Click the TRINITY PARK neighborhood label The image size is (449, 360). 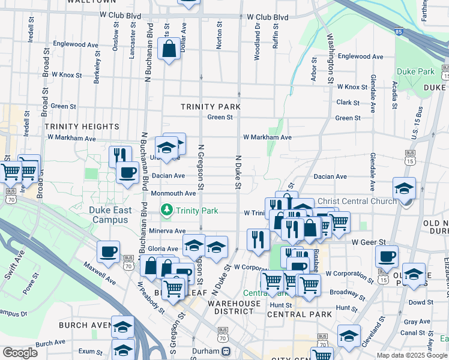pos(210,107)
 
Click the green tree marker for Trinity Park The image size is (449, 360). pos(166,210)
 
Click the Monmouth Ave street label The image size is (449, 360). pos(173,193)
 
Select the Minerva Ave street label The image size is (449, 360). pos(167,231)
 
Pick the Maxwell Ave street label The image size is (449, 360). pos(100,272)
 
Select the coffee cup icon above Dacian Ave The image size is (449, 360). pos(126,173)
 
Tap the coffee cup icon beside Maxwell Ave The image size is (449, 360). pos(108,252)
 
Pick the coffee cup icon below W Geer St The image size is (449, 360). pos(387,256)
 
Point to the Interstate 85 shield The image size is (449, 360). pos(399,31)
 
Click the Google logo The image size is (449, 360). pos(20,353)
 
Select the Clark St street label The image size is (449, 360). pos(348,103)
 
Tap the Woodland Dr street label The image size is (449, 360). pos(258,36)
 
